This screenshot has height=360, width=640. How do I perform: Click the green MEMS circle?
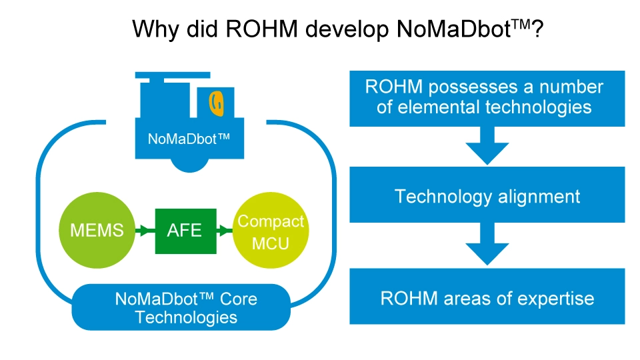coord(97,231)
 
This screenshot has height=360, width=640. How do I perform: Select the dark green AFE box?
coord(185,231)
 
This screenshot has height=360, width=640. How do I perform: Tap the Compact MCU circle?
coord(271,231)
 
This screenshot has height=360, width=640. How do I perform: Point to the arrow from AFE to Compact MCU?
coord(226,231)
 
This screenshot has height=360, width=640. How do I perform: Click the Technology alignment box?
coord(487,196)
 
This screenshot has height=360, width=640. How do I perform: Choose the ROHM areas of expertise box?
coord(487,297)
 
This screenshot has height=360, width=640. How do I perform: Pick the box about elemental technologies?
coord(487,97)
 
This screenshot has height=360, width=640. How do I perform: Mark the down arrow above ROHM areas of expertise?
coord(487,245)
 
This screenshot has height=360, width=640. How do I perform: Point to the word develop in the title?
coord(332,30)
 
